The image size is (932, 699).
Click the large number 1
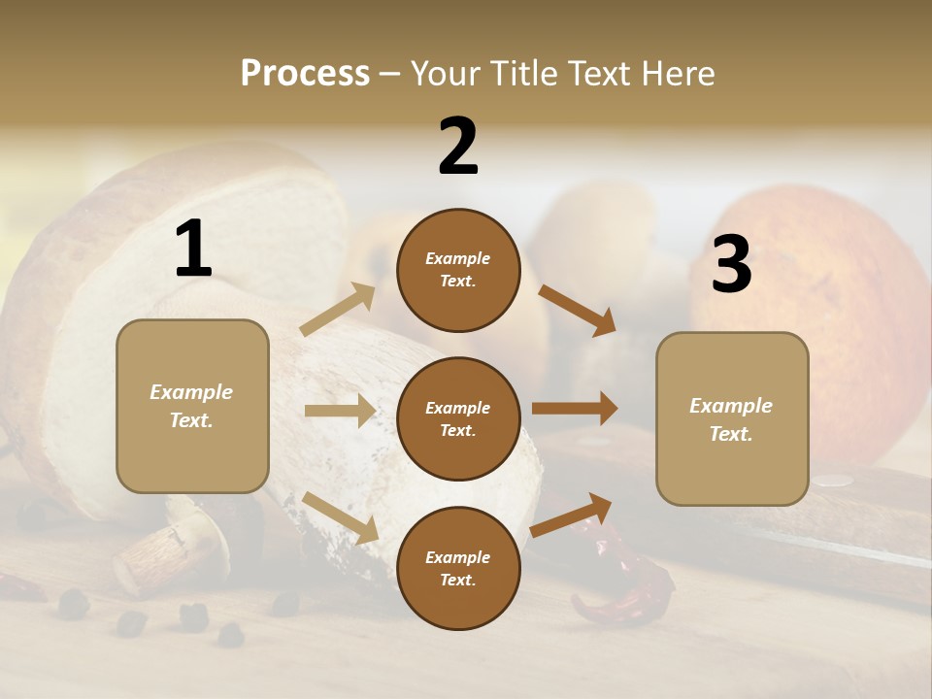tap(193, 250)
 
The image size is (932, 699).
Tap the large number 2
tap(458, 147)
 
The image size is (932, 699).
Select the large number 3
tap(731, 265)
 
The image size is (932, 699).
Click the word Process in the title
tap(305, 74)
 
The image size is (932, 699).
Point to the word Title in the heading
tap(519, 74)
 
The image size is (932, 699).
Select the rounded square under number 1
tap(192, 406)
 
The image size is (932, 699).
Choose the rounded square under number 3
tap(732, 419)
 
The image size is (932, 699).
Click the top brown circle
tap(458, 270)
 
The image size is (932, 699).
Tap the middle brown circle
tap(458, 418)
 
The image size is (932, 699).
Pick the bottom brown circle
tap(458, 568)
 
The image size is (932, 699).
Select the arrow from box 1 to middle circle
tap(340, 411)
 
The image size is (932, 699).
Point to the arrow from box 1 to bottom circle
tap(341, 516)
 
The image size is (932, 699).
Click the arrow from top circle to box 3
tap(578, 310)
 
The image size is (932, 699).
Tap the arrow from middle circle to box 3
tap(575, 409)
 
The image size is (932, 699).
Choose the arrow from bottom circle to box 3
tap(572, 514)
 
